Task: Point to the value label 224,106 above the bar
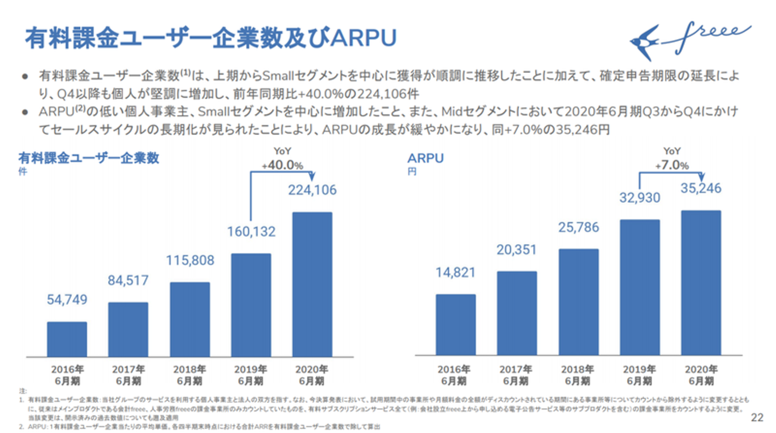[312, 190]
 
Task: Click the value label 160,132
[251, 232]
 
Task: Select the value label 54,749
[67, 300]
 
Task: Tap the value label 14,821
[456, 273]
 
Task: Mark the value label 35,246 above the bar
[701, 189]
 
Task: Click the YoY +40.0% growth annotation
[282, 160]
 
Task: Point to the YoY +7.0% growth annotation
[671, 160]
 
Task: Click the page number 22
[757, 418]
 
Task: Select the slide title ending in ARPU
[211, 37]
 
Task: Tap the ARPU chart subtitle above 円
[425, 159]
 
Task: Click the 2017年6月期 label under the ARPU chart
[516, 375]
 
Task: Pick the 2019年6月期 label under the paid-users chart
[251, 375]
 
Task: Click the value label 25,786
[578, 228]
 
